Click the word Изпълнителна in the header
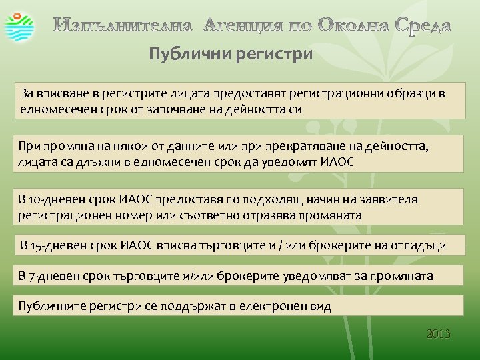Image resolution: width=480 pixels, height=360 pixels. click(123, 26)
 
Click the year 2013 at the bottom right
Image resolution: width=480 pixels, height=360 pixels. click(439, 333)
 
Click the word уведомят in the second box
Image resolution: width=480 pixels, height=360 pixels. click(291, 161)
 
